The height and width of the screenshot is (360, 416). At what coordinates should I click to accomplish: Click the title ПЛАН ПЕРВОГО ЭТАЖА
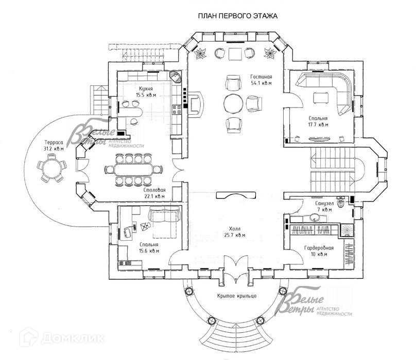(238, 16)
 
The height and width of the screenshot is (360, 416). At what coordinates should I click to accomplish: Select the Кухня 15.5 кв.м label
(146, 92)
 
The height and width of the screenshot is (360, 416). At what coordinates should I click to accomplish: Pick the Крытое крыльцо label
(237, 296)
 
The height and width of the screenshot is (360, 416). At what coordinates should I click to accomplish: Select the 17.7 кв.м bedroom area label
(318, 124)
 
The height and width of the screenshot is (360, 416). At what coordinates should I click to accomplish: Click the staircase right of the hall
(335, 170)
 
